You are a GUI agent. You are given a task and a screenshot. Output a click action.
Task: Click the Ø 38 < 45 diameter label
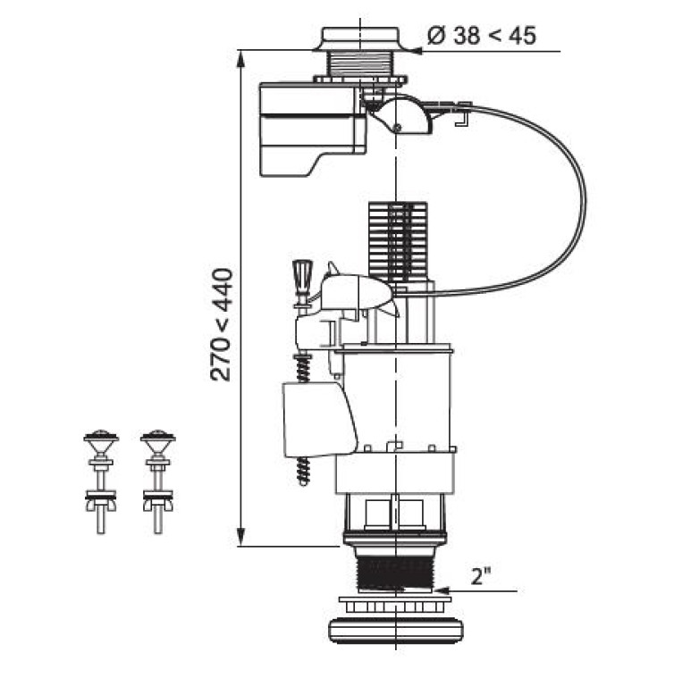(481, 36)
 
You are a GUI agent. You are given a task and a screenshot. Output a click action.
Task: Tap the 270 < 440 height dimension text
(221, 324)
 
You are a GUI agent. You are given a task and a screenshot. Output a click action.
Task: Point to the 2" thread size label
(480, 577)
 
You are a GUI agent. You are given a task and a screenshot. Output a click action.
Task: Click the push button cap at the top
(361, 38)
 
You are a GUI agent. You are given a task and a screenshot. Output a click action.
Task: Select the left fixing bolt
(101, 481)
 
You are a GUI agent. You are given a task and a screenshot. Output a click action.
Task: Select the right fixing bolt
(158, 481)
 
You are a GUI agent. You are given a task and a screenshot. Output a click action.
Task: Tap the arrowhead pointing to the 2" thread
(442, 590)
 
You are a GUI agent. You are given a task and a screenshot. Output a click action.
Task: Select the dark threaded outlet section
(394, 570)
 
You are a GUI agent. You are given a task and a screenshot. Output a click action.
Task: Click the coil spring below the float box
(303, 471)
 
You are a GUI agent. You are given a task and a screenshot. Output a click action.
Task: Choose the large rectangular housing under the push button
(313, 130)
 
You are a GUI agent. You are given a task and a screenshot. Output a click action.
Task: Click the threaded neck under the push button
(361, 64)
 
